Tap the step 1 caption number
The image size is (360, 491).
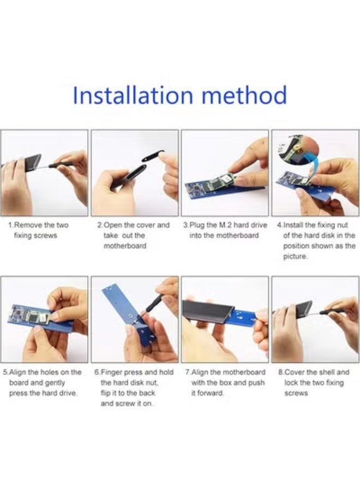10,225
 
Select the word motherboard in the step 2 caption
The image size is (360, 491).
125,246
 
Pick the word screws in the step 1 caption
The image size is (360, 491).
45,236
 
